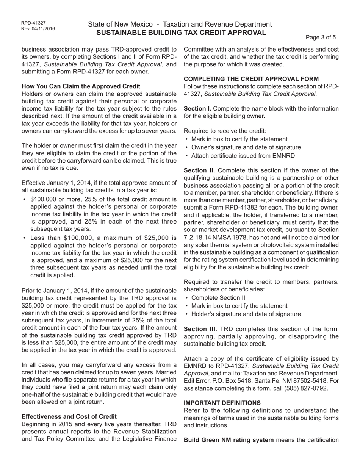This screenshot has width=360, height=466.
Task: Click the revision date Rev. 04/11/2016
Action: click(x=38, y=28)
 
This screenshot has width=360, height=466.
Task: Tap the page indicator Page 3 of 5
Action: click(x=321, y=37)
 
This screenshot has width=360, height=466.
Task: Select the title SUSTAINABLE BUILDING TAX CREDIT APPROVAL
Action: click(x=181, y=33)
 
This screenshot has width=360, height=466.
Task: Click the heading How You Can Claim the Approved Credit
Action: click(x=81, y=86)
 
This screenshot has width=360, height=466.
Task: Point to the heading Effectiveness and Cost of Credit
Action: click(x=69, y=416)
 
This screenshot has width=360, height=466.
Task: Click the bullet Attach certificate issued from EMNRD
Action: click(x=243, y=156)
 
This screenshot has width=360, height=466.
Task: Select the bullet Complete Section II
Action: click(x=218, y=298)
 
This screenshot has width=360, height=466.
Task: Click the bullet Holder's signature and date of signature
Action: click(x=246, y=314)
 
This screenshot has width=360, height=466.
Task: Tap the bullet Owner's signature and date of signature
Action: click(x=246, y=147)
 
